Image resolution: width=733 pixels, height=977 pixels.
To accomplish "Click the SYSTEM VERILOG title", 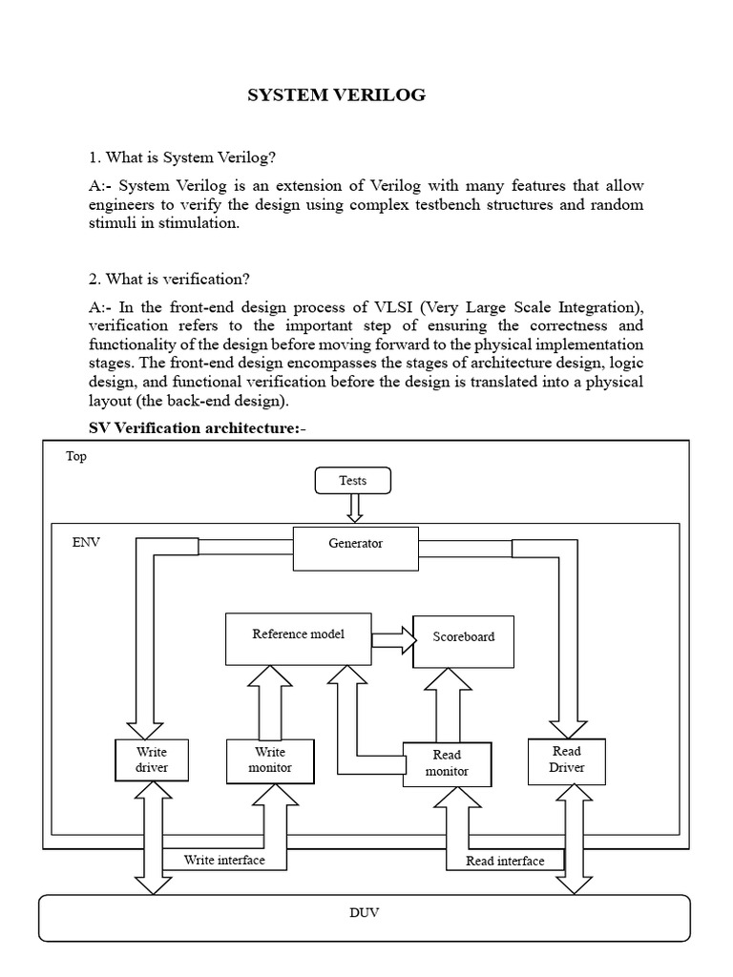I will click(336, 94).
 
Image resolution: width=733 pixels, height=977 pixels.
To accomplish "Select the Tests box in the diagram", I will click(353, 480).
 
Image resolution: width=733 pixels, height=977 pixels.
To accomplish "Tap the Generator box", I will click(355, 544).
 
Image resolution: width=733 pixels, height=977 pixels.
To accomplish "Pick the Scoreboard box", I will click(464, 636).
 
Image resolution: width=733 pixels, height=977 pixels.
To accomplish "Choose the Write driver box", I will click(151, 760).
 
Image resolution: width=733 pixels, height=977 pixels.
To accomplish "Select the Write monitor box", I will click(270, 760).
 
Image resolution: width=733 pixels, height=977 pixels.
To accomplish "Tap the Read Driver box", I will click(566, 760).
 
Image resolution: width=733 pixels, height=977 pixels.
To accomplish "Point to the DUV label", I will click(364, 913).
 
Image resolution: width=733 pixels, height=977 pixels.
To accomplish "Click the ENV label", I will click(86, 542).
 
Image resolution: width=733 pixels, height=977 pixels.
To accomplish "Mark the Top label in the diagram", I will click(75, 456).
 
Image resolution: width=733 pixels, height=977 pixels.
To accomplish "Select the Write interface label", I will click(224, 861).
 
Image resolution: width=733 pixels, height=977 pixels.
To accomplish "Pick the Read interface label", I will click(505, 861).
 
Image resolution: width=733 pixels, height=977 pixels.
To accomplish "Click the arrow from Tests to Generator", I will click(354, 509).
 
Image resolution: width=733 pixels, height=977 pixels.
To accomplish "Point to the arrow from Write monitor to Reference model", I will click(270, 702).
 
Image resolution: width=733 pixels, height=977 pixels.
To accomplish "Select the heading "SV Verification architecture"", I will click(198, 426).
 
